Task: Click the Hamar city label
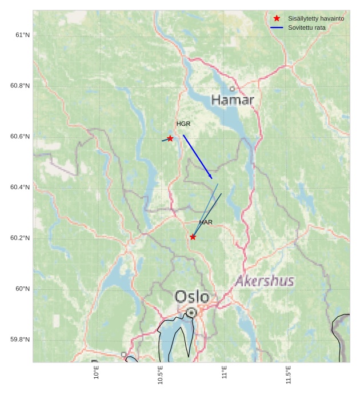233,100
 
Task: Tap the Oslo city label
191,297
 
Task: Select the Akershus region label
265,281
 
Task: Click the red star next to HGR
170,138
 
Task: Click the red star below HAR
193,237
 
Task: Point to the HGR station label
183,123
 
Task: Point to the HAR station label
206,222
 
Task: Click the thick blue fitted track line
197,157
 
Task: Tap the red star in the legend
277,18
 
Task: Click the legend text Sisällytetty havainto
316,18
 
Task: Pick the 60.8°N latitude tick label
20,86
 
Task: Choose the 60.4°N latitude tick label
20,187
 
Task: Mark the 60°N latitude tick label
22,289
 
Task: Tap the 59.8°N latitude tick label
20,340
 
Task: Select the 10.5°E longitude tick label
161,375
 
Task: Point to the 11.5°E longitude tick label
289,375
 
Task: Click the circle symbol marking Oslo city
191,313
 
